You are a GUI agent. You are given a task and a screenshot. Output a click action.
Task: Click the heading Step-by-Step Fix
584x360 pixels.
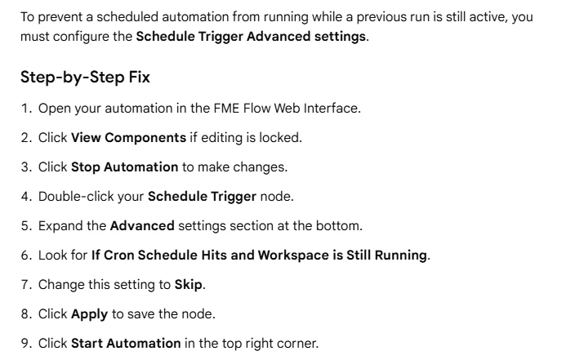(85, 78)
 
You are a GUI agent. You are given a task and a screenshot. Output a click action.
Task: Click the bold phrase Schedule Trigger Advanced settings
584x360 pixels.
(251, 37)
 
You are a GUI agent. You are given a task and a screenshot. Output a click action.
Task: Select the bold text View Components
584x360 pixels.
(128, 138)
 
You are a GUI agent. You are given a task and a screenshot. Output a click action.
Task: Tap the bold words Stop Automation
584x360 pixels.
(124, 167)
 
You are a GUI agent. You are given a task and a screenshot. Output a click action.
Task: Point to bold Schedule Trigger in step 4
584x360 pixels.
(202, 197)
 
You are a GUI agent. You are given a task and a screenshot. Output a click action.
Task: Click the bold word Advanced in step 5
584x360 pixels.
(142, 225)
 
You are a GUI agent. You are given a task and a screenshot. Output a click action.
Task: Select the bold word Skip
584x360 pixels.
(189, 285)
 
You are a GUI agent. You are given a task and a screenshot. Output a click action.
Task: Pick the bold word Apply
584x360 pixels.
(89, 314)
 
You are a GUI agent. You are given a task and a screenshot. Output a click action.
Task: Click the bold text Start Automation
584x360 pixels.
(126, 343)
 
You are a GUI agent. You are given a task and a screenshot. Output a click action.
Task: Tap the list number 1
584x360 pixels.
(25, 109)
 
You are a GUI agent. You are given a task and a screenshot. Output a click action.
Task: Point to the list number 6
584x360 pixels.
(25, 256)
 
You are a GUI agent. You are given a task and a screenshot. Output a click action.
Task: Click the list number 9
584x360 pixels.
(25, 343)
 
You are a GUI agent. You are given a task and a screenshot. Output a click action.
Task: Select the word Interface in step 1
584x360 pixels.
(331, 109)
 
